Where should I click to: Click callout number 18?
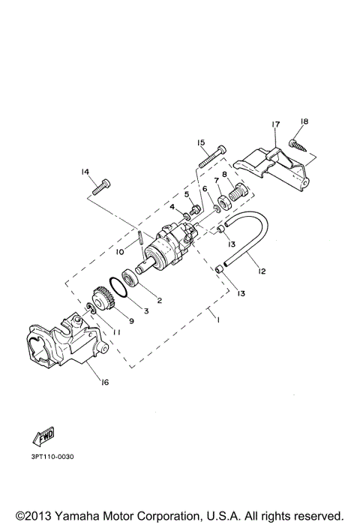(x=304, y=121)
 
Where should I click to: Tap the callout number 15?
(x=201, y=142)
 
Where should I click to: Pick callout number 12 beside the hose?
(x=262, y=271)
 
